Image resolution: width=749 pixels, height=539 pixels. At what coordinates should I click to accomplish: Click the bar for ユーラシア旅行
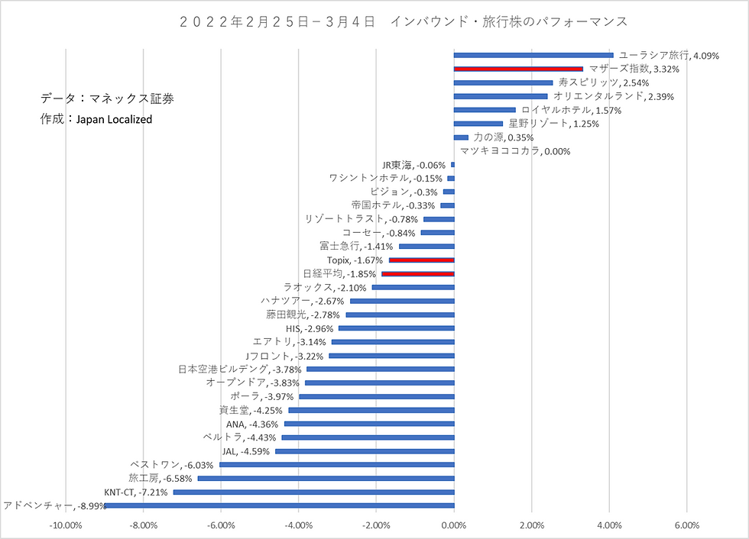tap(533, 55)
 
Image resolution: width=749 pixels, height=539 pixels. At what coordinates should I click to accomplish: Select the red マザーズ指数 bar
tap(518, 69)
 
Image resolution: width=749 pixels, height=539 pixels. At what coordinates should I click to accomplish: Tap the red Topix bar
tap(421, 260)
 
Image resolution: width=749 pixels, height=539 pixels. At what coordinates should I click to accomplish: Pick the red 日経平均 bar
tap(418, 274)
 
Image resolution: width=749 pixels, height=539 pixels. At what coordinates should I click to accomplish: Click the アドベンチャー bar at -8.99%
tap(280, 505)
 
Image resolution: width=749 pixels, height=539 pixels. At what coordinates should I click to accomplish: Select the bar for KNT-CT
tap(314, 492)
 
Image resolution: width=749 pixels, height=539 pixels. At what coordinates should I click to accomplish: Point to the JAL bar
tap(365, 451)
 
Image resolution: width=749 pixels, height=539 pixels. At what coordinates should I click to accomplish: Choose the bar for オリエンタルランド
tap(500, 96)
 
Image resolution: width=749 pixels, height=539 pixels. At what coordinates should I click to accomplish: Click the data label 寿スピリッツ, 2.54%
tap(604, 83)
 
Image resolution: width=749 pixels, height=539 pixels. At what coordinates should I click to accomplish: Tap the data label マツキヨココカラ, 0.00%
tap(515, 152)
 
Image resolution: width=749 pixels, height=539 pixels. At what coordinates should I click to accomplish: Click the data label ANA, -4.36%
tap(252, 424)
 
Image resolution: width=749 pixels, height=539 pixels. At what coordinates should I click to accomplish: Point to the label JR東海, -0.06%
tap(413, 165)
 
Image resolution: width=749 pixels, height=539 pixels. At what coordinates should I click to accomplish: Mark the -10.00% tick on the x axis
tap(66, 526)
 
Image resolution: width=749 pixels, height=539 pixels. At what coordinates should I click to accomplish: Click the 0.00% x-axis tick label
tap(454, 526)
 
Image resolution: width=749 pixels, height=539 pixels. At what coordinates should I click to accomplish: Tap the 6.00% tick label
tap(687, 526)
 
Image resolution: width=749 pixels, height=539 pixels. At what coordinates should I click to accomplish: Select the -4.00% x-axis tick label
tap(299, 526)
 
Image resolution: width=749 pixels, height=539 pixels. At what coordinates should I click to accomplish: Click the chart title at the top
tap(404, 22)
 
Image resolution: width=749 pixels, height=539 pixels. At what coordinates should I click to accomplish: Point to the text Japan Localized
tap(114, 120)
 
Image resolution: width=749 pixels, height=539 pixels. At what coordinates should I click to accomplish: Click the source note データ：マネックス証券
tap(107, 98)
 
